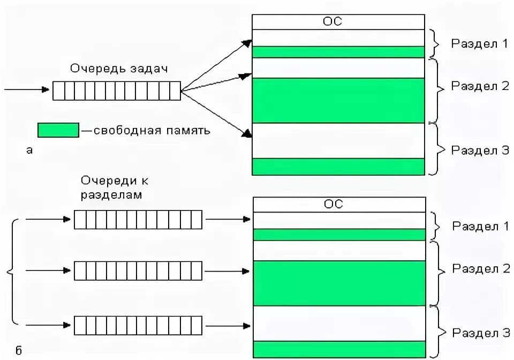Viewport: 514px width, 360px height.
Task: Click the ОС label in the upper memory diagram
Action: pos(332,21)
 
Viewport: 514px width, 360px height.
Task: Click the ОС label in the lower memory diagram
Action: pos(333,204)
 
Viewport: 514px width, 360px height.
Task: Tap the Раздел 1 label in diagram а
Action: pos(479,44)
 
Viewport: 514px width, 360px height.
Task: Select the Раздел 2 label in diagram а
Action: pos(480,86)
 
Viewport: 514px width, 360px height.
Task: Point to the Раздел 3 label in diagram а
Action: pos(480,150)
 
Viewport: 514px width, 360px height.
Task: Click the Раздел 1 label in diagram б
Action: pos(480,226)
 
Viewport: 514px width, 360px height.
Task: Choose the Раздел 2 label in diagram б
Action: pos(480,268)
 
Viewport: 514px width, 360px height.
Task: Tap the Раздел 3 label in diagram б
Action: pos(480,333)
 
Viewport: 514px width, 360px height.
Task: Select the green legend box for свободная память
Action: pos(58,130)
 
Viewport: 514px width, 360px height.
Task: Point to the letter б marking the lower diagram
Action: pos(19,351)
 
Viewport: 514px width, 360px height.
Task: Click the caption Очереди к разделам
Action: pos(112,187)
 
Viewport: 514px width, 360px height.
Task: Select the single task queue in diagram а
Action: pos(116,91)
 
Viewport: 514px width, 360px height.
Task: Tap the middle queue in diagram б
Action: pos(138,271)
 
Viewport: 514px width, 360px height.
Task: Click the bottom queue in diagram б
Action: pos(138,325)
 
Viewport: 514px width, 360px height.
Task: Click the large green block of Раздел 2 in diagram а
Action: pos(338,101)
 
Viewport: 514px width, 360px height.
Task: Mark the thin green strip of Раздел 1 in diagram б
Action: pos(338,235)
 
